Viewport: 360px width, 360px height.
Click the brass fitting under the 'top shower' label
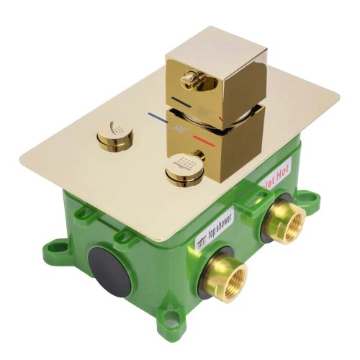pyautogui.click(x=226, y=273)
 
